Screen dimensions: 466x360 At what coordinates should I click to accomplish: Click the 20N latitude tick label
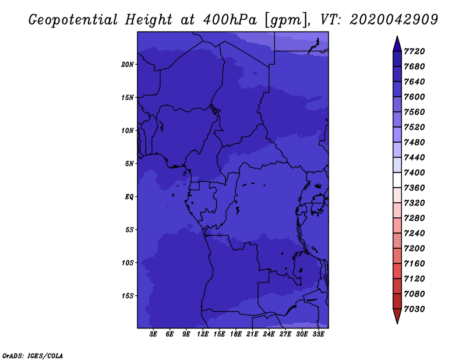pos(127,65)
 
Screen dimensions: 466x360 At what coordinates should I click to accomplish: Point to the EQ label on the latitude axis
pos(129,197)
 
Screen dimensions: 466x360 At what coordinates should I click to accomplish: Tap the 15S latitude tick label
pos(127,296)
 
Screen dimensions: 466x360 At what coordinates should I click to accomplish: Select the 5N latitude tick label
pos(129,164)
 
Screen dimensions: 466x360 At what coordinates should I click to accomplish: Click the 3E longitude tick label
pos(153,334)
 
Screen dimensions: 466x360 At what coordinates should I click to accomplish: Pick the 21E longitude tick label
pos(252,334)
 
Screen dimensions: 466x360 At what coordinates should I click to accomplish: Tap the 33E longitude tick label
pos(318,334)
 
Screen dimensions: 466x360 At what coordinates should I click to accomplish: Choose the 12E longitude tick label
pos(203,334)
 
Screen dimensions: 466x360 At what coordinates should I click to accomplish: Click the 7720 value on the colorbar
pos(414,51)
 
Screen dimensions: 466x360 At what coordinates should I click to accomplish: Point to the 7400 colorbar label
pos(414,172)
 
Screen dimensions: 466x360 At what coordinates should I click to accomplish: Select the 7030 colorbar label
pos(414,309)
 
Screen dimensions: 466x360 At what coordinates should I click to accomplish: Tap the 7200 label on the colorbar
pos(414,249)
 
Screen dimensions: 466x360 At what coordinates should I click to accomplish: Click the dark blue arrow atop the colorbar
pos(397,45)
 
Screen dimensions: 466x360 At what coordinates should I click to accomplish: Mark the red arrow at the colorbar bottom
pos(397,316)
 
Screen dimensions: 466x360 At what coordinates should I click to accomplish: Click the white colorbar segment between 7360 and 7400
pos(397,180)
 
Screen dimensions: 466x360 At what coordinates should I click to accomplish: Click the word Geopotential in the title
pos(73,20)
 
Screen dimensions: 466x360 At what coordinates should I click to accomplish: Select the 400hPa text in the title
pos(230,20)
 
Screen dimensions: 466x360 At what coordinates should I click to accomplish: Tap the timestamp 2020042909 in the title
pos(394,20)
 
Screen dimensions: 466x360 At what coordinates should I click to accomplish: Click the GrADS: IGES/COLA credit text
pos(33,356)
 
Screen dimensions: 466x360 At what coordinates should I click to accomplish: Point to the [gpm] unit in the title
pos(285,20)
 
